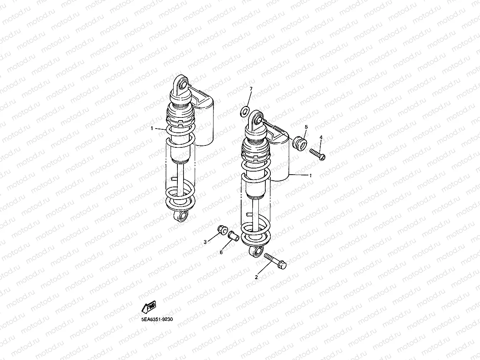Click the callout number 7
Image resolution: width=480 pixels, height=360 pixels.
coord(251,89)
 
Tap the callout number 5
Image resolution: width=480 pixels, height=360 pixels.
coord(306,127)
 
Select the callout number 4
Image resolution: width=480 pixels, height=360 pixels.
coord(321,137)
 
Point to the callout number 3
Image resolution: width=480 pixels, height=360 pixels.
coord(205,242)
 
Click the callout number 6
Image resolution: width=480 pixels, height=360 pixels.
coord(221,253)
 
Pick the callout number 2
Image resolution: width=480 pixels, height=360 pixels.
coord(256,277)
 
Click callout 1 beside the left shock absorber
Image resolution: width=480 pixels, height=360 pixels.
coord(152,128)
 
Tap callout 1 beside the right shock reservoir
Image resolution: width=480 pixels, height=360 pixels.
coord(310,175)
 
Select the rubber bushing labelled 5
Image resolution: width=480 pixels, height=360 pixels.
coord(300,143)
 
